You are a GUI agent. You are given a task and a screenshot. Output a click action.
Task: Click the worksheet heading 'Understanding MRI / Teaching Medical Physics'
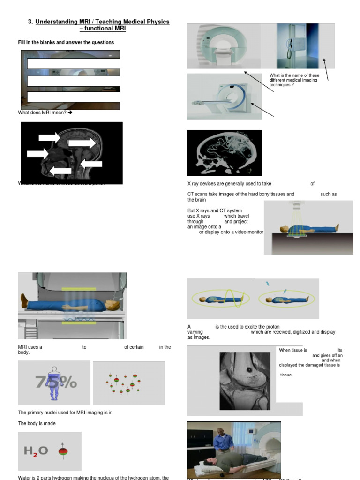[102, 22]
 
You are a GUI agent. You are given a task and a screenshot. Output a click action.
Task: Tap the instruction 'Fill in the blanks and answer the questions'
[66, 43]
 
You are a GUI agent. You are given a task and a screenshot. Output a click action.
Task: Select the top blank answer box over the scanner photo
[74, 64]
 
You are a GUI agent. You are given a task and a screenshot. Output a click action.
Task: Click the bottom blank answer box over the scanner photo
[74, 97]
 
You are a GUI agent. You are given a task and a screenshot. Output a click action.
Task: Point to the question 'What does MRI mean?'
[45, 112]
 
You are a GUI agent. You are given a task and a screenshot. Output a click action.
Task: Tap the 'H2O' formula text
[36, 451]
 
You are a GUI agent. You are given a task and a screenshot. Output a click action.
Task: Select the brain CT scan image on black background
[224, 152]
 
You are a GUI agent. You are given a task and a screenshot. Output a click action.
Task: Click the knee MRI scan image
[245, 381]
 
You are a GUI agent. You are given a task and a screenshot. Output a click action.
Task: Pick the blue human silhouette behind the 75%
[54, 383]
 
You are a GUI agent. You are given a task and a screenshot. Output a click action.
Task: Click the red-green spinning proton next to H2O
[62, 451]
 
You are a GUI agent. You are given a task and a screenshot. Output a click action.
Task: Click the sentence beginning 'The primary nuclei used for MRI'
[65, 412]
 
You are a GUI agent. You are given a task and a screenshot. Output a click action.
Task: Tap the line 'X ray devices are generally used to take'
[229, 184]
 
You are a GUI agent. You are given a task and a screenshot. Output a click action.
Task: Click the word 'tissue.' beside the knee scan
[286, 375]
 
